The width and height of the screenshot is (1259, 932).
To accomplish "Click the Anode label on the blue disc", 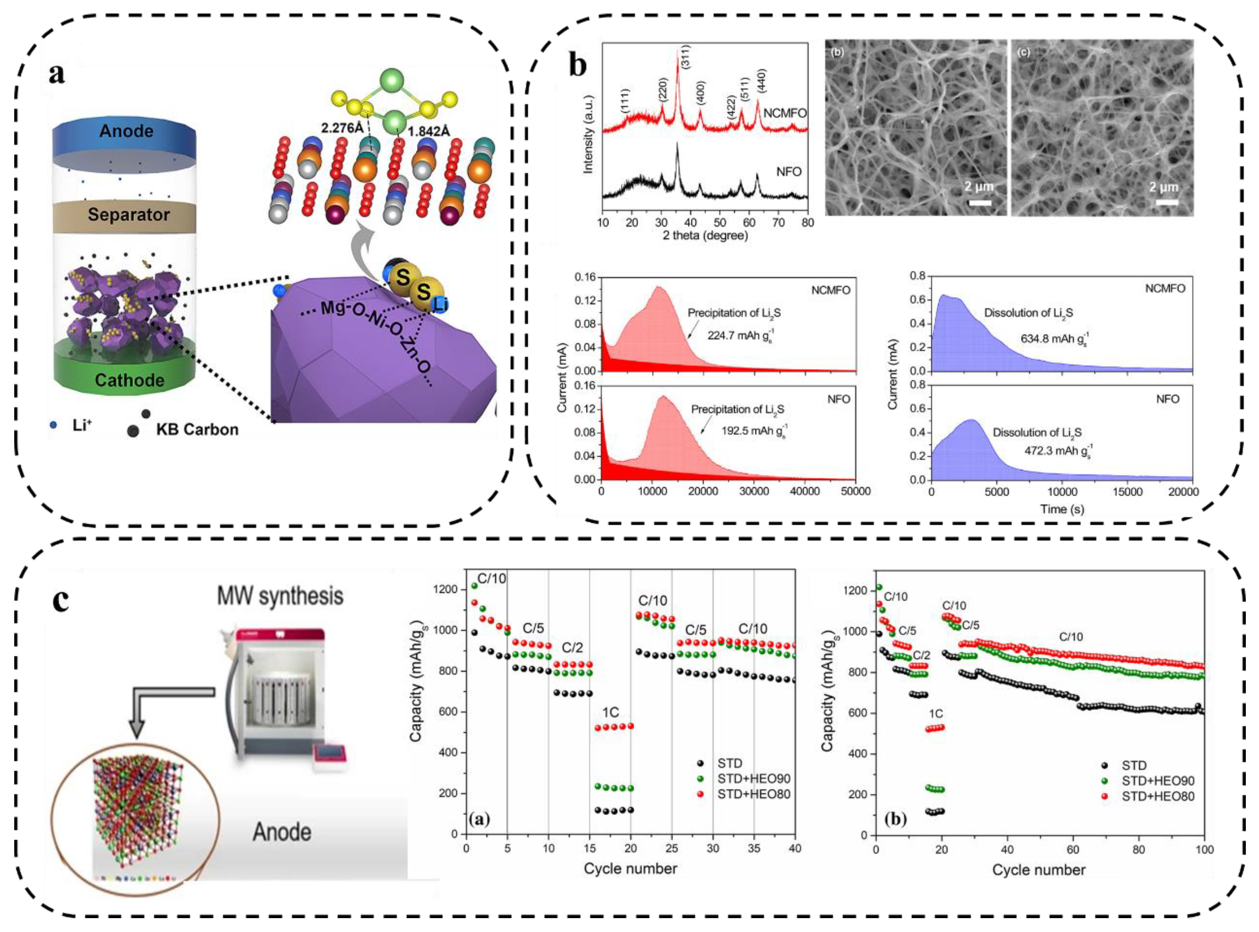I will coord(126,131).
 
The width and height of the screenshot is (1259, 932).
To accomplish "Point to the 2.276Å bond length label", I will coord(342,128).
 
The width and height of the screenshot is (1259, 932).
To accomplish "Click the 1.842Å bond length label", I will coord(429,131).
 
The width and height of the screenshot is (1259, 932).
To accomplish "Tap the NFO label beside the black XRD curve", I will coord(789,172).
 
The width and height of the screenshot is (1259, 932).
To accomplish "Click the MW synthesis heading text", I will coord(280,596).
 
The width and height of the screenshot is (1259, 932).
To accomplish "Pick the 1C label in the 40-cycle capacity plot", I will coord(610,713).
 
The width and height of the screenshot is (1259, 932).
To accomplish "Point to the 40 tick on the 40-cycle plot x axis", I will coord(795,848).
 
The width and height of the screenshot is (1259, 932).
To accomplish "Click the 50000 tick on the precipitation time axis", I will coord(855,491).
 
